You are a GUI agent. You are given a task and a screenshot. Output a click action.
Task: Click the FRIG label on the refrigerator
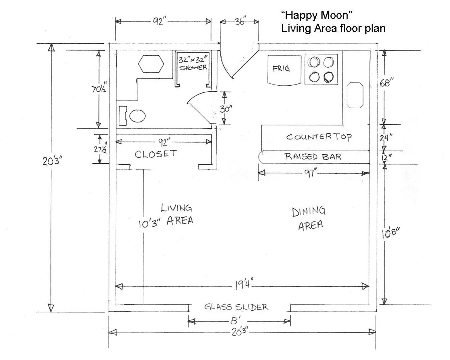click(281, 69)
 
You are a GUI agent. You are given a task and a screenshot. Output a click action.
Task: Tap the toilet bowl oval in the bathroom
click(137, 116)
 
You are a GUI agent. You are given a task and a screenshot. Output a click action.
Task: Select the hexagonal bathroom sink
click(151, 64)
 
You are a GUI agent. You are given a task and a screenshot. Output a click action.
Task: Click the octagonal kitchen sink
click(355, 95)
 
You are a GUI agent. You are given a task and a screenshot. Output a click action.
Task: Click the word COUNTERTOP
click(319, 137)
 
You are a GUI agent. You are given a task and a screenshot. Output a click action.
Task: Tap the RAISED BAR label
click(313, 156)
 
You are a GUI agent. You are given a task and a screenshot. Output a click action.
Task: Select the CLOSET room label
click(156, 154)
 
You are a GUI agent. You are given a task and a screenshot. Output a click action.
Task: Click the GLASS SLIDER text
click(236, 307)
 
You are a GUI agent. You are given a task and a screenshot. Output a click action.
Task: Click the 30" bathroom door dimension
click(226, 109)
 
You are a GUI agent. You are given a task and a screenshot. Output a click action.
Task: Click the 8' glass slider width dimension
click(236, 320)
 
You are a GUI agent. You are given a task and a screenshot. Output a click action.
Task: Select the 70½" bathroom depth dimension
click(99, 88)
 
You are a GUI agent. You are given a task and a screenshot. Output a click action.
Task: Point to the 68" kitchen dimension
click(387, 83)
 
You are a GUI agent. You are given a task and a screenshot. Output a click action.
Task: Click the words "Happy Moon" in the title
click(317, 15)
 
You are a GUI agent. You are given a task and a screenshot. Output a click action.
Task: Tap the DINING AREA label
click(309, 218)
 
